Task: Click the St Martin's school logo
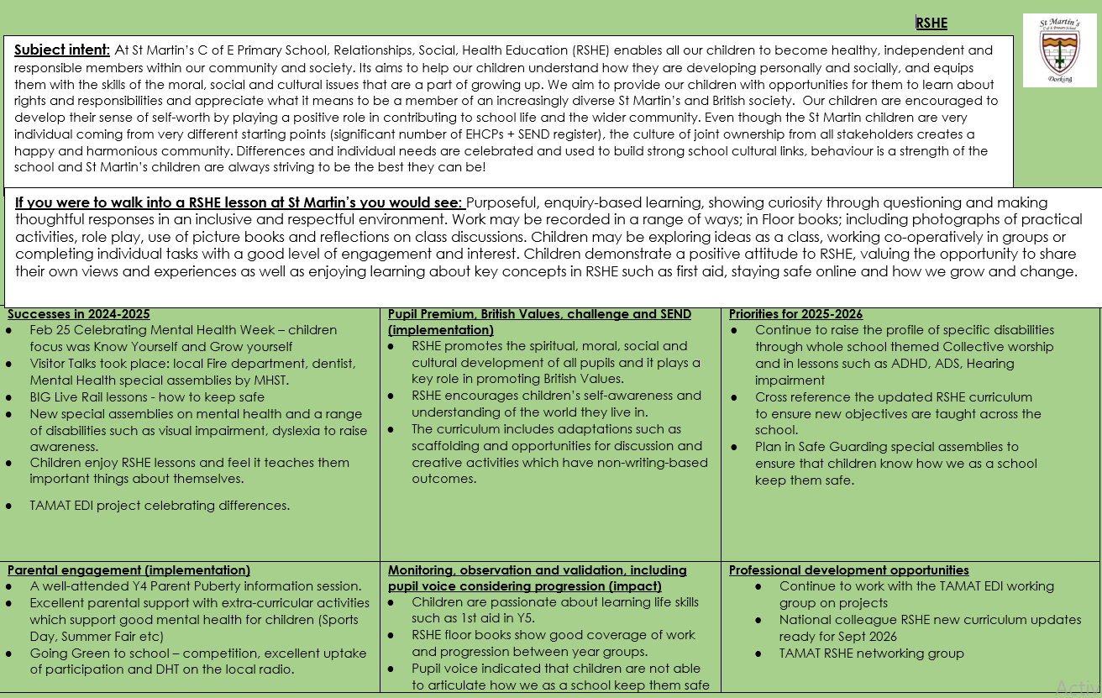[x=1059, y=50]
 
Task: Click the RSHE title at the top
[x=931, y=24]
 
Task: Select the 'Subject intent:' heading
[x=62, y=50]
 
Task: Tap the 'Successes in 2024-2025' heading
[x=79, y=314]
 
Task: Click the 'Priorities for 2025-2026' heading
[x=795, y=314]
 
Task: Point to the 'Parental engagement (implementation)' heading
[x=129, y=570]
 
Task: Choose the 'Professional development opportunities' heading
[x=848, y=570]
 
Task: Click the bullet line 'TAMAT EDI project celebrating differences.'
[x=160, y=506]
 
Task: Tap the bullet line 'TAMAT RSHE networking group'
[x=871, y=653]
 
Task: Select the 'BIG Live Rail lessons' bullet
[x=147, y=397]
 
